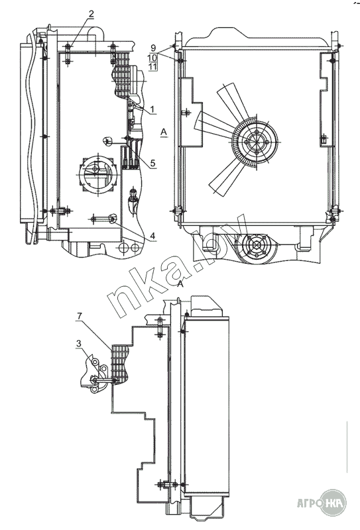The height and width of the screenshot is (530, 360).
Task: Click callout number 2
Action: point(91,14)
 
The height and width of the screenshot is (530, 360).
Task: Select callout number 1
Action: point(152,109)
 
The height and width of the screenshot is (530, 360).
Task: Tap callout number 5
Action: point(152,163)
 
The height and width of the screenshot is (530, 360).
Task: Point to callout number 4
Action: point(152,236)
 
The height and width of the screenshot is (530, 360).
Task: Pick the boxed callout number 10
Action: point(152,57)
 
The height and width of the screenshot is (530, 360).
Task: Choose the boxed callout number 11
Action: point(152,66)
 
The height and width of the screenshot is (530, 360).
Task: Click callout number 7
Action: point(79,316)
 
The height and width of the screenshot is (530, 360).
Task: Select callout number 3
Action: point(79,343)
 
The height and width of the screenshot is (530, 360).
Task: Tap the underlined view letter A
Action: point(164,132)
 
